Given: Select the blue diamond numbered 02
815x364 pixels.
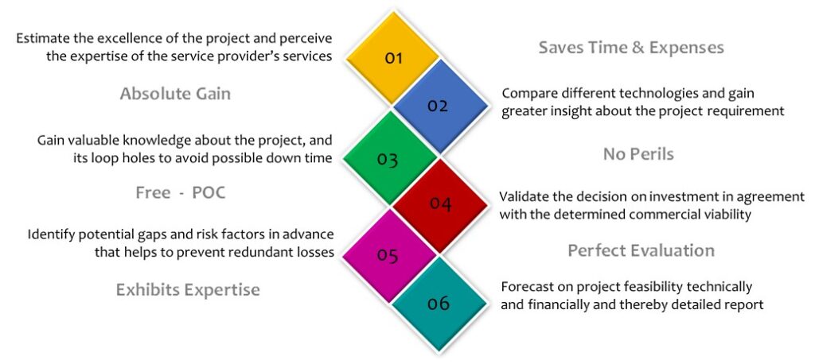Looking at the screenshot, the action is tap(439, 106).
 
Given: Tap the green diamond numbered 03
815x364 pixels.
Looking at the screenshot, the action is tap(388, 158).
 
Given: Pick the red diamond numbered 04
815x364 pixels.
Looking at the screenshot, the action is tap(439, 205).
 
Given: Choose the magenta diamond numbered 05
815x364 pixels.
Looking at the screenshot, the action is tap(388, 255).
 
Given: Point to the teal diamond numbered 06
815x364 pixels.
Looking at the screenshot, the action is tap(439, 304).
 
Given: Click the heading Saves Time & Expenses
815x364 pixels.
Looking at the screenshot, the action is tap(631, 48).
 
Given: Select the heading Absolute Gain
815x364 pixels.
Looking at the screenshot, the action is tap(175, 94).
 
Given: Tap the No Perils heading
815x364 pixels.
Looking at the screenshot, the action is tap(638, 154).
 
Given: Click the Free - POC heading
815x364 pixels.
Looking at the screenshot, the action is tap(181, 192).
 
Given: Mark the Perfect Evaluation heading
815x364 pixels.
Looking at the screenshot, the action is tap(641, 250).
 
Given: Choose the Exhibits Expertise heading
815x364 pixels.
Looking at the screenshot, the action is tap(188, 289).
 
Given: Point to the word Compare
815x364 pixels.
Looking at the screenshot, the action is tap(525, 95).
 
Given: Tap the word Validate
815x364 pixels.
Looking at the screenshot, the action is tap(522, 197).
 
